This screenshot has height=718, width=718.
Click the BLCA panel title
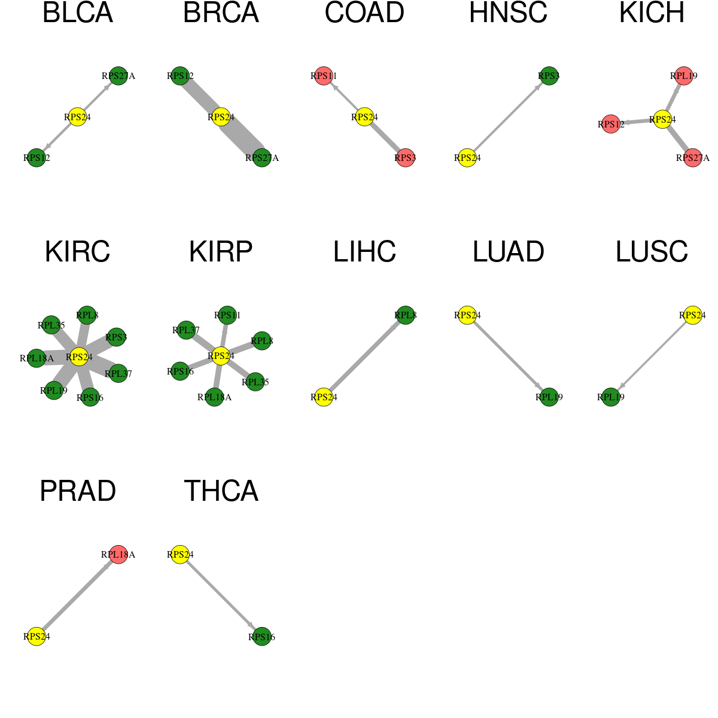coord(78,13)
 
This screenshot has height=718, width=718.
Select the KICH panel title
coord(652,13)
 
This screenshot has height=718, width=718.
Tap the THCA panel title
coord(221,491)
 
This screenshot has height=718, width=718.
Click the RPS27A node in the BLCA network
coord(118,76)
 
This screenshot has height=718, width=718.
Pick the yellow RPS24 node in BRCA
coord(221,117)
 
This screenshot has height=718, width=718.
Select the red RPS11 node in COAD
coord(324,76)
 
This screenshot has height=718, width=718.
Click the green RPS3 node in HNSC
coord(549,76)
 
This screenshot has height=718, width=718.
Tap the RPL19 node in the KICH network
coord(683,76)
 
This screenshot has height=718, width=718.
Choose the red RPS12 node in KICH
coord(611,124)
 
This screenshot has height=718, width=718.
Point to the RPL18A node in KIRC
coord(36,358)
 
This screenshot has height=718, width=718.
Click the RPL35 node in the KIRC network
coord(51,325)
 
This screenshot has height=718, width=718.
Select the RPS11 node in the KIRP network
coord(227,315)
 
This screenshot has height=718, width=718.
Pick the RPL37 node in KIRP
coord(186,330)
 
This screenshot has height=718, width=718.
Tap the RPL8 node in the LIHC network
coord(406,315)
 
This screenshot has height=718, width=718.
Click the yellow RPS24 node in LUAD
coord(467,315)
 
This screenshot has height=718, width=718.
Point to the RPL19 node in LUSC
coord(611,397)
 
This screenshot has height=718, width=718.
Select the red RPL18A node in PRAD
coord(118,555)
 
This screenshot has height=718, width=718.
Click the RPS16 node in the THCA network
coord(261,637)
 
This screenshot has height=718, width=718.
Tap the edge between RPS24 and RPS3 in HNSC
coord(508,117)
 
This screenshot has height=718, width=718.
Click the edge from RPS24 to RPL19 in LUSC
coord(652,356)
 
